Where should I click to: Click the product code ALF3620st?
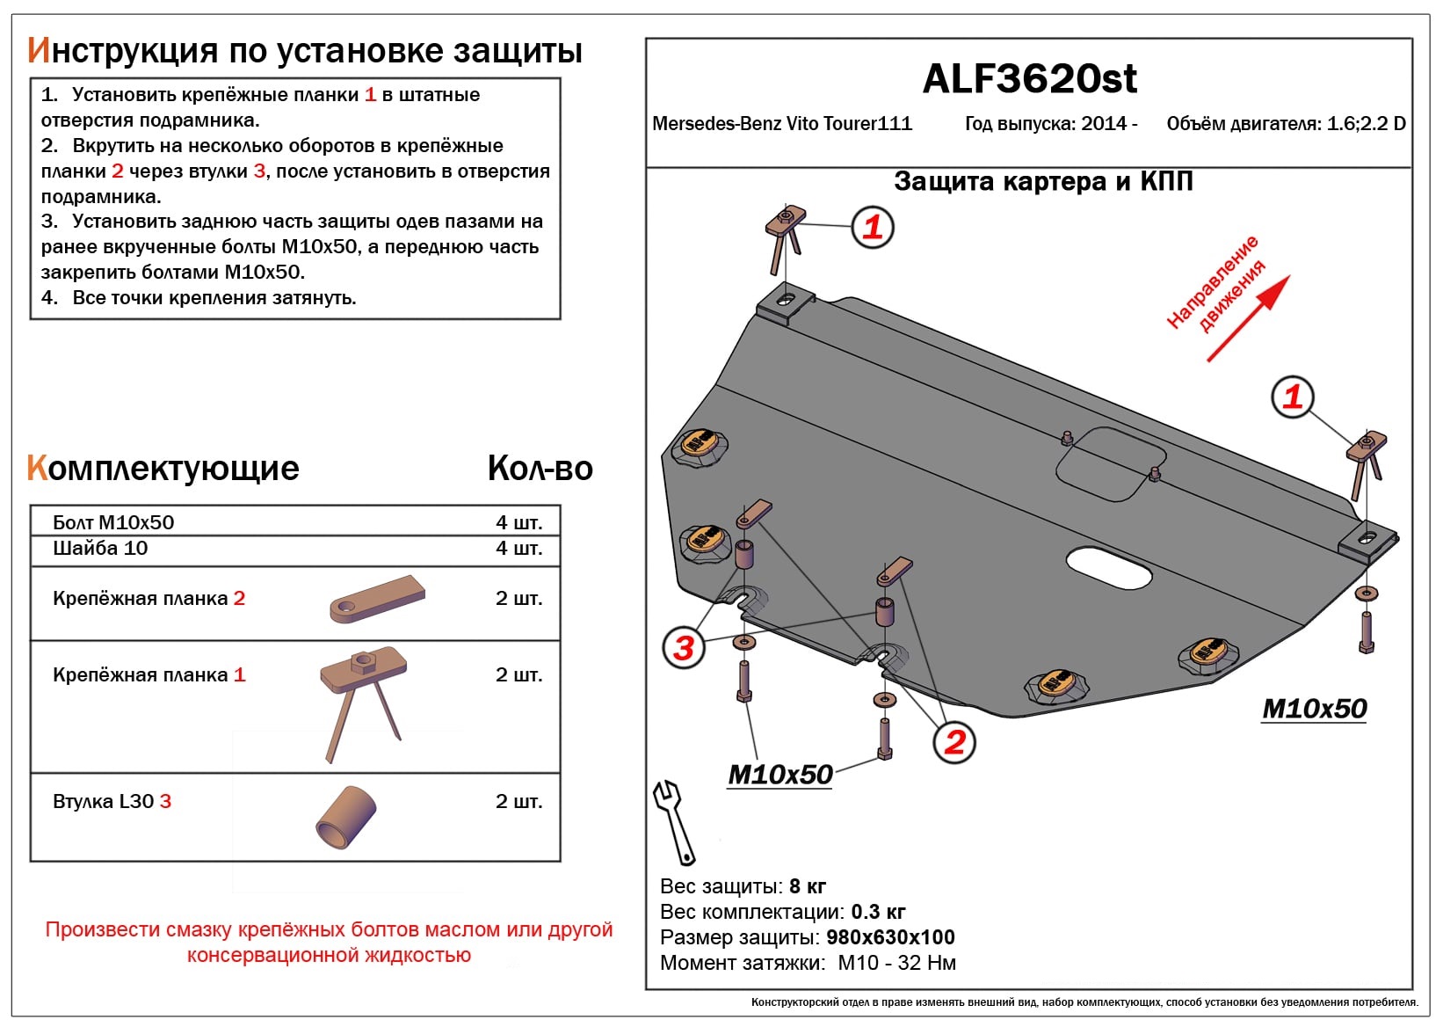coord(1029,79)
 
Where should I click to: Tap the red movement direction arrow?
coord(1248,319)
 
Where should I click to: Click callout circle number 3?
coord(684,648)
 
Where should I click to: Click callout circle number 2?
coord(954,742)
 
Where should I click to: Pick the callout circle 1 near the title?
coord(872,228)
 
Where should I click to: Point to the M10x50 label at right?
coord(1314,709)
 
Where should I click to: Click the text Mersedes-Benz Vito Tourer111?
coord(781,124)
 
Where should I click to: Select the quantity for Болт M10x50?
coord(518,522)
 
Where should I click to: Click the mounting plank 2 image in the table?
coord(377,600)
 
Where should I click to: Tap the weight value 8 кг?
coord(808,886)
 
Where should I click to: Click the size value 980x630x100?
coord(890,937)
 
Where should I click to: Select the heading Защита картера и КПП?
coord(1042,182)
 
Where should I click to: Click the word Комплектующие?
coord(163,469)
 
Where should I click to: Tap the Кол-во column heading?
coord(540,469)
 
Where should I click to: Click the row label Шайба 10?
coord(100,549)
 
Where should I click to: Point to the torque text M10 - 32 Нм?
coord(896,963)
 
